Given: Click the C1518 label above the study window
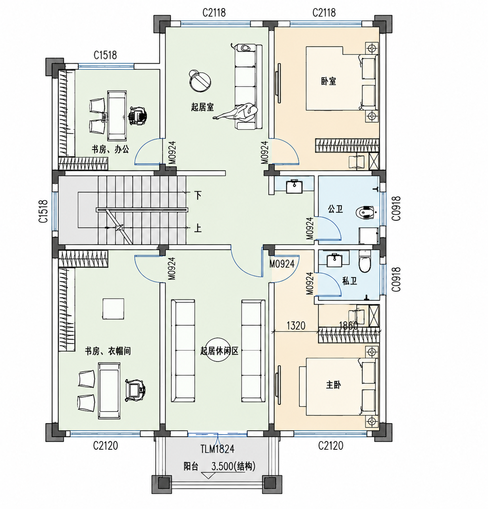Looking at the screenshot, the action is point(105,55).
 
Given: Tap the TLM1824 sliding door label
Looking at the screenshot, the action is point(217,449).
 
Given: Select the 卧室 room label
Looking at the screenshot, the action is point(329,82).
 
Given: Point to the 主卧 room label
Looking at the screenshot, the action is point(334,385).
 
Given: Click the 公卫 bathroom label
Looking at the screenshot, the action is point(335,209).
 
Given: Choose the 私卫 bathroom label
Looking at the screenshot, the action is point(349,281).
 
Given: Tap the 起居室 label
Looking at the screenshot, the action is point(203,107).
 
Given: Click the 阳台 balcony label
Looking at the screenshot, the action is point(191,466).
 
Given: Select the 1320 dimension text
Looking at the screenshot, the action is point(296,326).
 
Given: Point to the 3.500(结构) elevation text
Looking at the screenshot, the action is point(233,466).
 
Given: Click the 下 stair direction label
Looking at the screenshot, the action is point(198,195).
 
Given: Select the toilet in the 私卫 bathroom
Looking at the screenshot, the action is point(365,262).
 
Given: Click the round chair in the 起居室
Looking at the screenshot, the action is point(199,81).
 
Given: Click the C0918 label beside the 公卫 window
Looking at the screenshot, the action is point(396,208).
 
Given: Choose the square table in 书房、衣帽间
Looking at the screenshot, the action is point(113,309).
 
